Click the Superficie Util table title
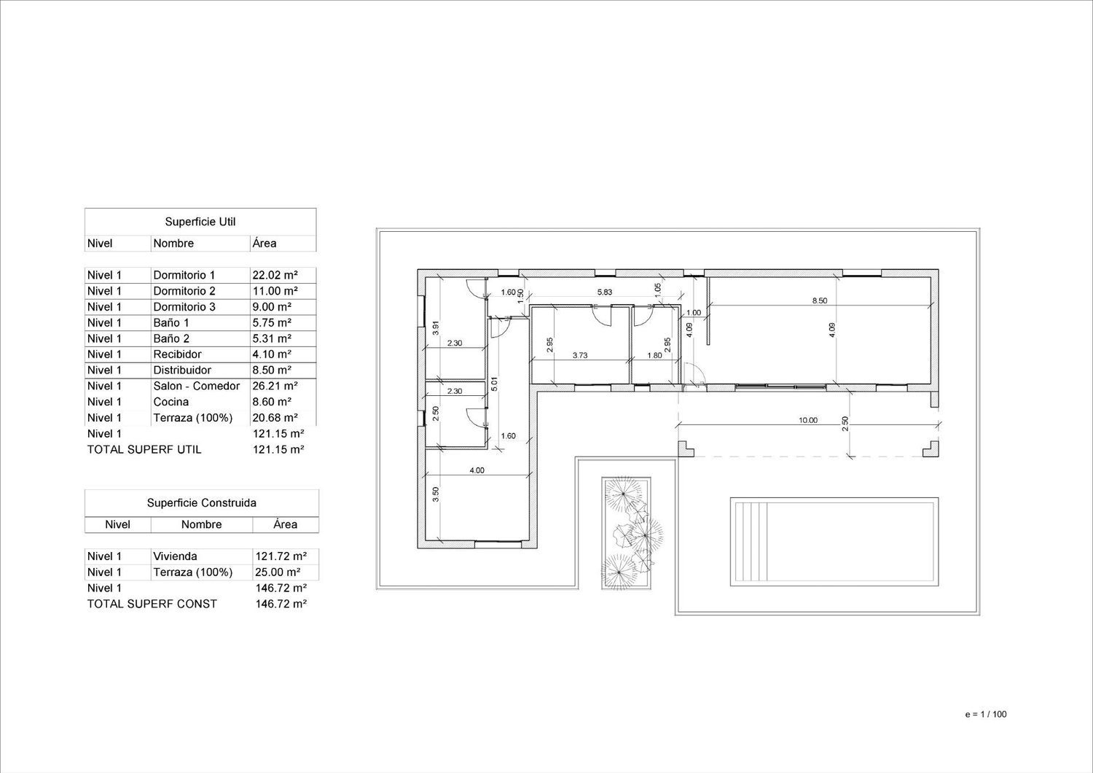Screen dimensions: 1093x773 pos(200,222)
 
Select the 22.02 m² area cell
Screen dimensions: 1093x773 pos(275,275)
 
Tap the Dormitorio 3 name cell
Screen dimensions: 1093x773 pos(184,307)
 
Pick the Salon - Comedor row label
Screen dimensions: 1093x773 pos(197,386)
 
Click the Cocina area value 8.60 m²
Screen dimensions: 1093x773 pos(272,401)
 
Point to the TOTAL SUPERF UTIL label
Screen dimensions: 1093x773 pos(144,449)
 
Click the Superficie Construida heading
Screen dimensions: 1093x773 pos(202,502)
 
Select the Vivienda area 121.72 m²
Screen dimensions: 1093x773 pos(281,556)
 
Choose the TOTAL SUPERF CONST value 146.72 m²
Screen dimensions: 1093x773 pos(281,604)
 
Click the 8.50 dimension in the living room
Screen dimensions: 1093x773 pos(820,300)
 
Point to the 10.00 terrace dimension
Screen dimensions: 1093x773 pos(808,420)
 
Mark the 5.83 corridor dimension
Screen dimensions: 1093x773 pos(605,292)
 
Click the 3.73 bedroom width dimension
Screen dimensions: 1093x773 pos(580,355)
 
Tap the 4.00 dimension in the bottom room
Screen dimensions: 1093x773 pos(477,470)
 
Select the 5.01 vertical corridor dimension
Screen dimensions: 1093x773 pos(494,384)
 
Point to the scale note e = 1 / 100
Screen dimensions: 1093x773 pos(986,714)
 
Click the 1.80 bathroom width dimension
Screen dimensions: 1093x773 pos(654,355)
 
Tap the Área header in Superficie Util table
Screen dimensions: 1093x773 pos(265,243)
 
